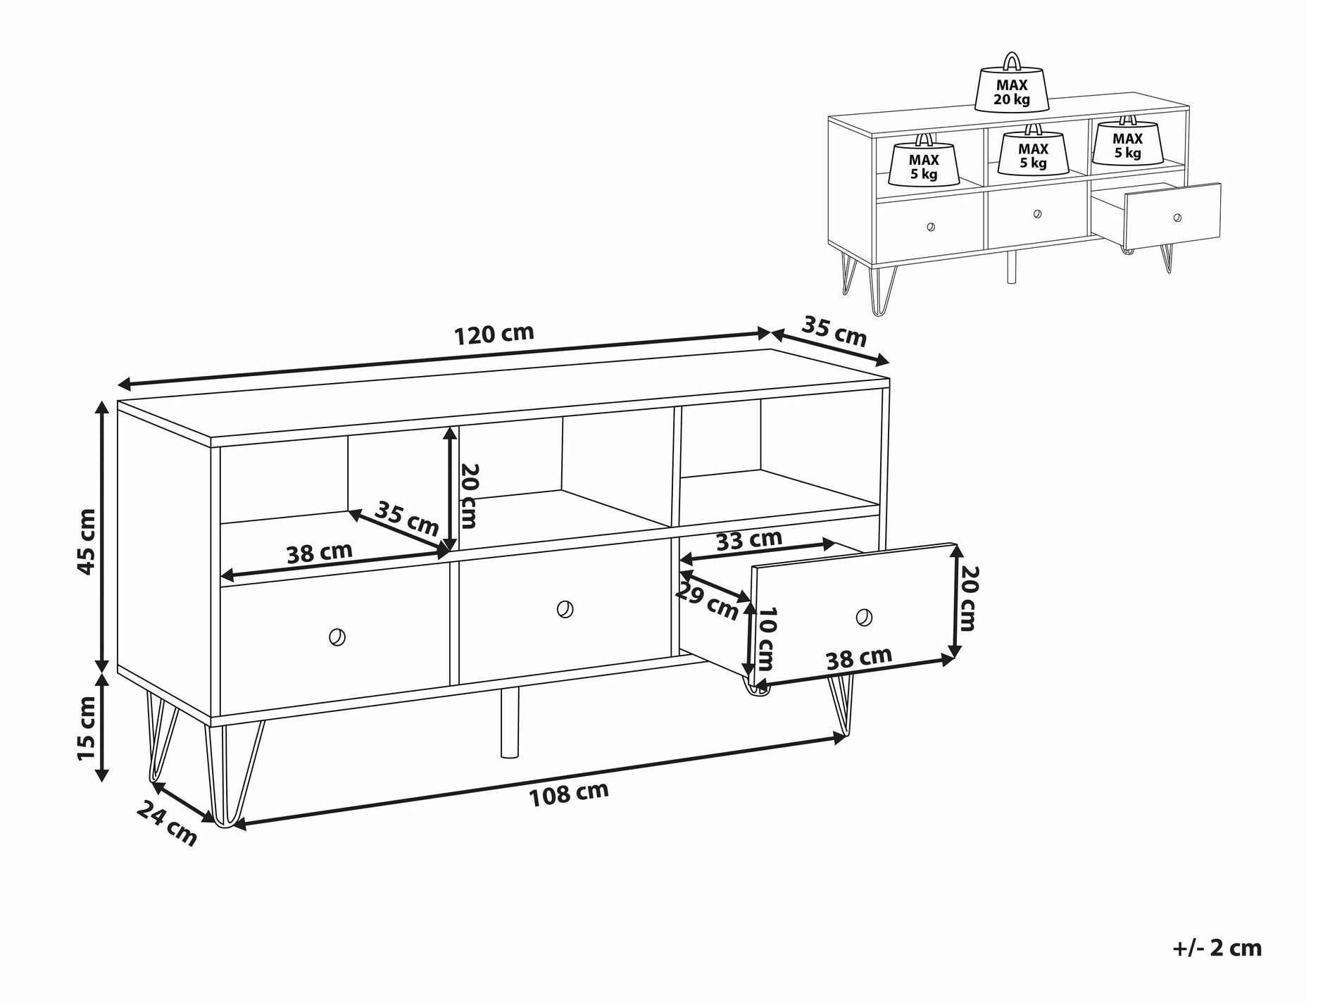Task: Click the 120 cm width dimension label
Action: [x=494, y=334]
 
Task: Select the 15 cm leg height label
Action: [x=86, y=727]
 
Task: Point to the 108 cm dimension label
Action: [x=568, y=794]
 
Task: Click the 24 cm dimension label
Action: [x=167, y=823]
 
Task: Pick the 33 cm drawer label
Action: [x=748, y=540]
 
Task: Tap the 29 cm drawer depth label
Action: [x=706, y=601]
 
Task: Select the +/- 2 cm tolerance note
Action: [x=1217, y=947]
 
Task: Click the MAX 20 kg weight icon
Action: [x=1011, y=87]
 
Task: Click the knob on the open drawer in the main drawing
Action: [x=863, y=618]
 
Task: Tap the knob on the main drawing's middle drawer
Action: [x=564, y=609]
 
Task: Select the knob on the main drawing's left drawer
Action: [x=337, y=637]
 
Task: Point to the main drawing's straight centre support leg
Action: [x=509, y=723]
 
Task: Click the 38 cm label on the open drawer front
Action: [x=858, y=658]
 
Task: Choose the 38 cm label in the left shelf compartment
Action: [x=319, y=553]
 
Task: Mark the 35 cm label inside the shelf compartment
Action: [x=406, y=518]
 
